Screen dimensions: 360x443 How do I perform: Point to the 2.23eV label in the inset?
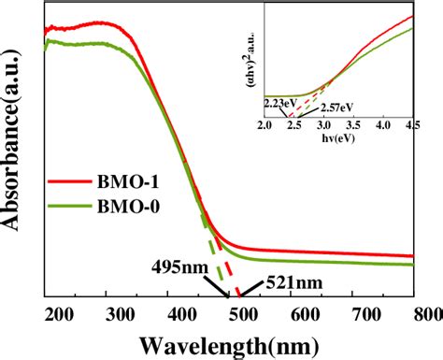(280, 103)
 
